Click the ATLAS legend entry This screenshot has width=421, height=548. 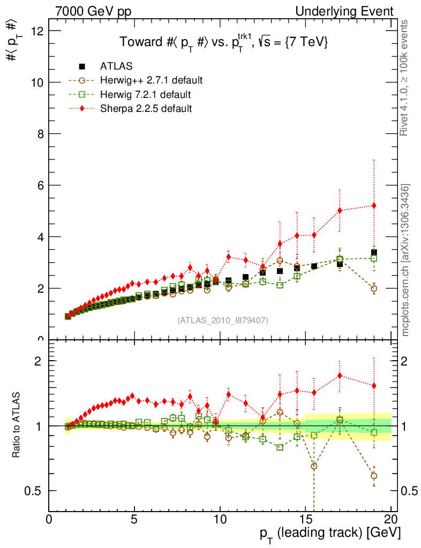116,66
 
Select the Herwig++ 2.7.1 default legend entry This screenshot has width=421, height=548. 151,81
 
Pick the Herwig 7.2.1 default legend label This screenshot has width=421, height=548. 146,95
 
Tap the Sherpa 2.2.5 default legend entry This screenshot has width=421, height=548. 146,109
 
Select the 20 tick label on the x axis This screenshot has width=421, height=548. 391,519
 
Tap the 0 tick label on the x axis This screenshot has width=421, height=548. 49,519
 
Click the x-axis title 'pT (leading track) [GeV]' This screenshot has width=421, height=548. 330,534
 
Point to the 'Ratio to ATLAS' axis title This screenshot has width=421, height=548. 16,425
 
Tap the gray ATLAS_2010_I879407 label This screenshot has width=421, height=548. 223,321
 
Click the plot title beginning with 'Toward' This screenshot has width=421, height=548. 223,43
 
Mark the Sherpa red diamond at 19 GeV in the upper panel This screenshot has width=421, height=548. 374,205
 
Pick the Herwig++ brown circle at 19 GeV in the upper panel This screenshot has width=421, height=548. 374,288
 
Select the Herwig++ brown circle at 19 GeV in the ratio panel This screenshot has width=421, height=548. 374,476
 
